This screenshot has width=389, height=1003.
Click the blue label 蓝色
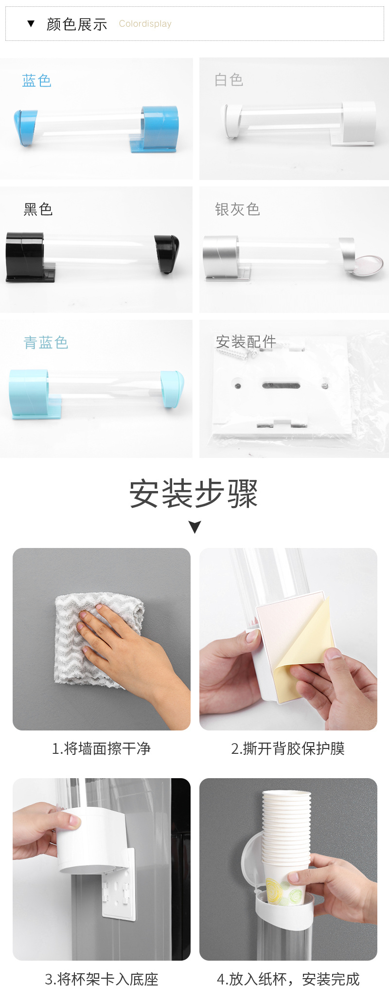36,81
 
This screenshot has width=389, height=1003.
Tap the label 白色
229,80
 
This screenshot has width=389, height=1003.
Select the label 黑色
38,209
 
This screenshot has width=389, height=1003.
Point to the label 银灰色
237,209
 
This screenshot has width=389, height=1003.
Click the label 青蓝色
46,343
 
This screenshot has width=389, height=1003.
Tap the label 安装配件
246,342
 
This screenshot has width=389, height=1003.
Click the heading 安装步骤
194,494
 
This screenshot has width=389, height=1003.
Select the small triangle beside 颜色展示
31,23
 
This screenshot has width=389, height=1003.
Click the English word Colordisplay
145,24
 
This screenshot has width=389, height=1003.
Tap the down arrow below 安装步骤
194,527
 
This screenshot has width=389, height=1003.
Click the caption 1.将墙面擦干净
101,748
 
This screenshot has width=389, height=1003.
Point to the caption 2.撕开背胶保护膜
288,748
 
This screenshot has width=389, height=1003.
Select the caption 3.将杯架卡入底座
102,979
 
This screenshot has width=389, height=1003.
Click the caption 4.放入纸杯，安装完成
288,979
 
